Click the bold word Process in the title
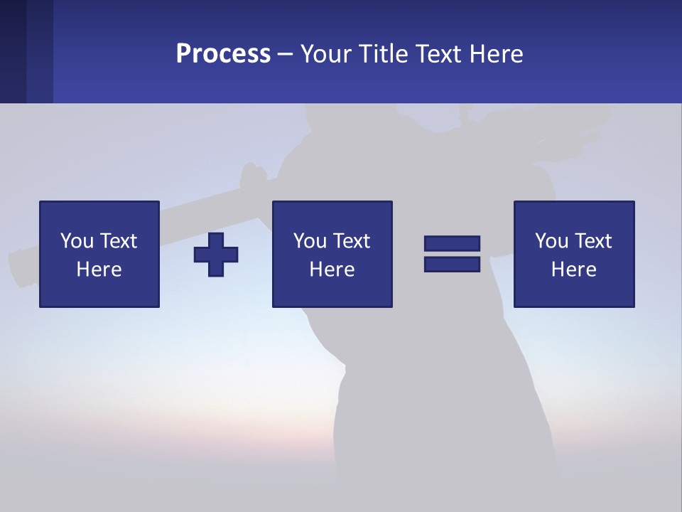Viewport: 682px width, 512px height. click(x=223, y=54)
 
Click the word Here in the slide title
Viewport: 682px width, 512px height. click(x=497, y=54)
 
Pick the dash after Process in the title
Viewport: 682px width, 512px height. click(x=286, y=55)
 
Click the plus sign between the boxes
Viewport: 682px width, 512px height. click(x=216, y=255)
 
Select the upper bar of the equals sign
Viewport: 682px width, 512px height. click(x=452, y=243)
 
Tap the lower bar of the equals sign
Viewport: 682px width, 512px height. click(x=452, y=264)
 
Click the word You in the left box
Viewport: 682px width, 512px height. click(x=77, y=241)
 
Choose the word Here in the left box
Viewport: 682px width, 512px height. click(x=99, y=270)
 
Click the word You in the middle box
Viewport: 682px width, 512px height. click(x=310, y=241)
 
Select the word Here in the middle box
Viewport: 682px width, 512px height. click(x=332, y=270)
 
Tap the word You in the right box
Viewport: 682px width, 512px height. click(x=551, y=241)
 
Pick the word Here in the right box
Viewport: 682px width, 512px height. click(x=573, y=270)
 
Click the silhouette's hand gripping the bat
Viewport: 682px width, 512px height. click(x=250, y=176)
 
